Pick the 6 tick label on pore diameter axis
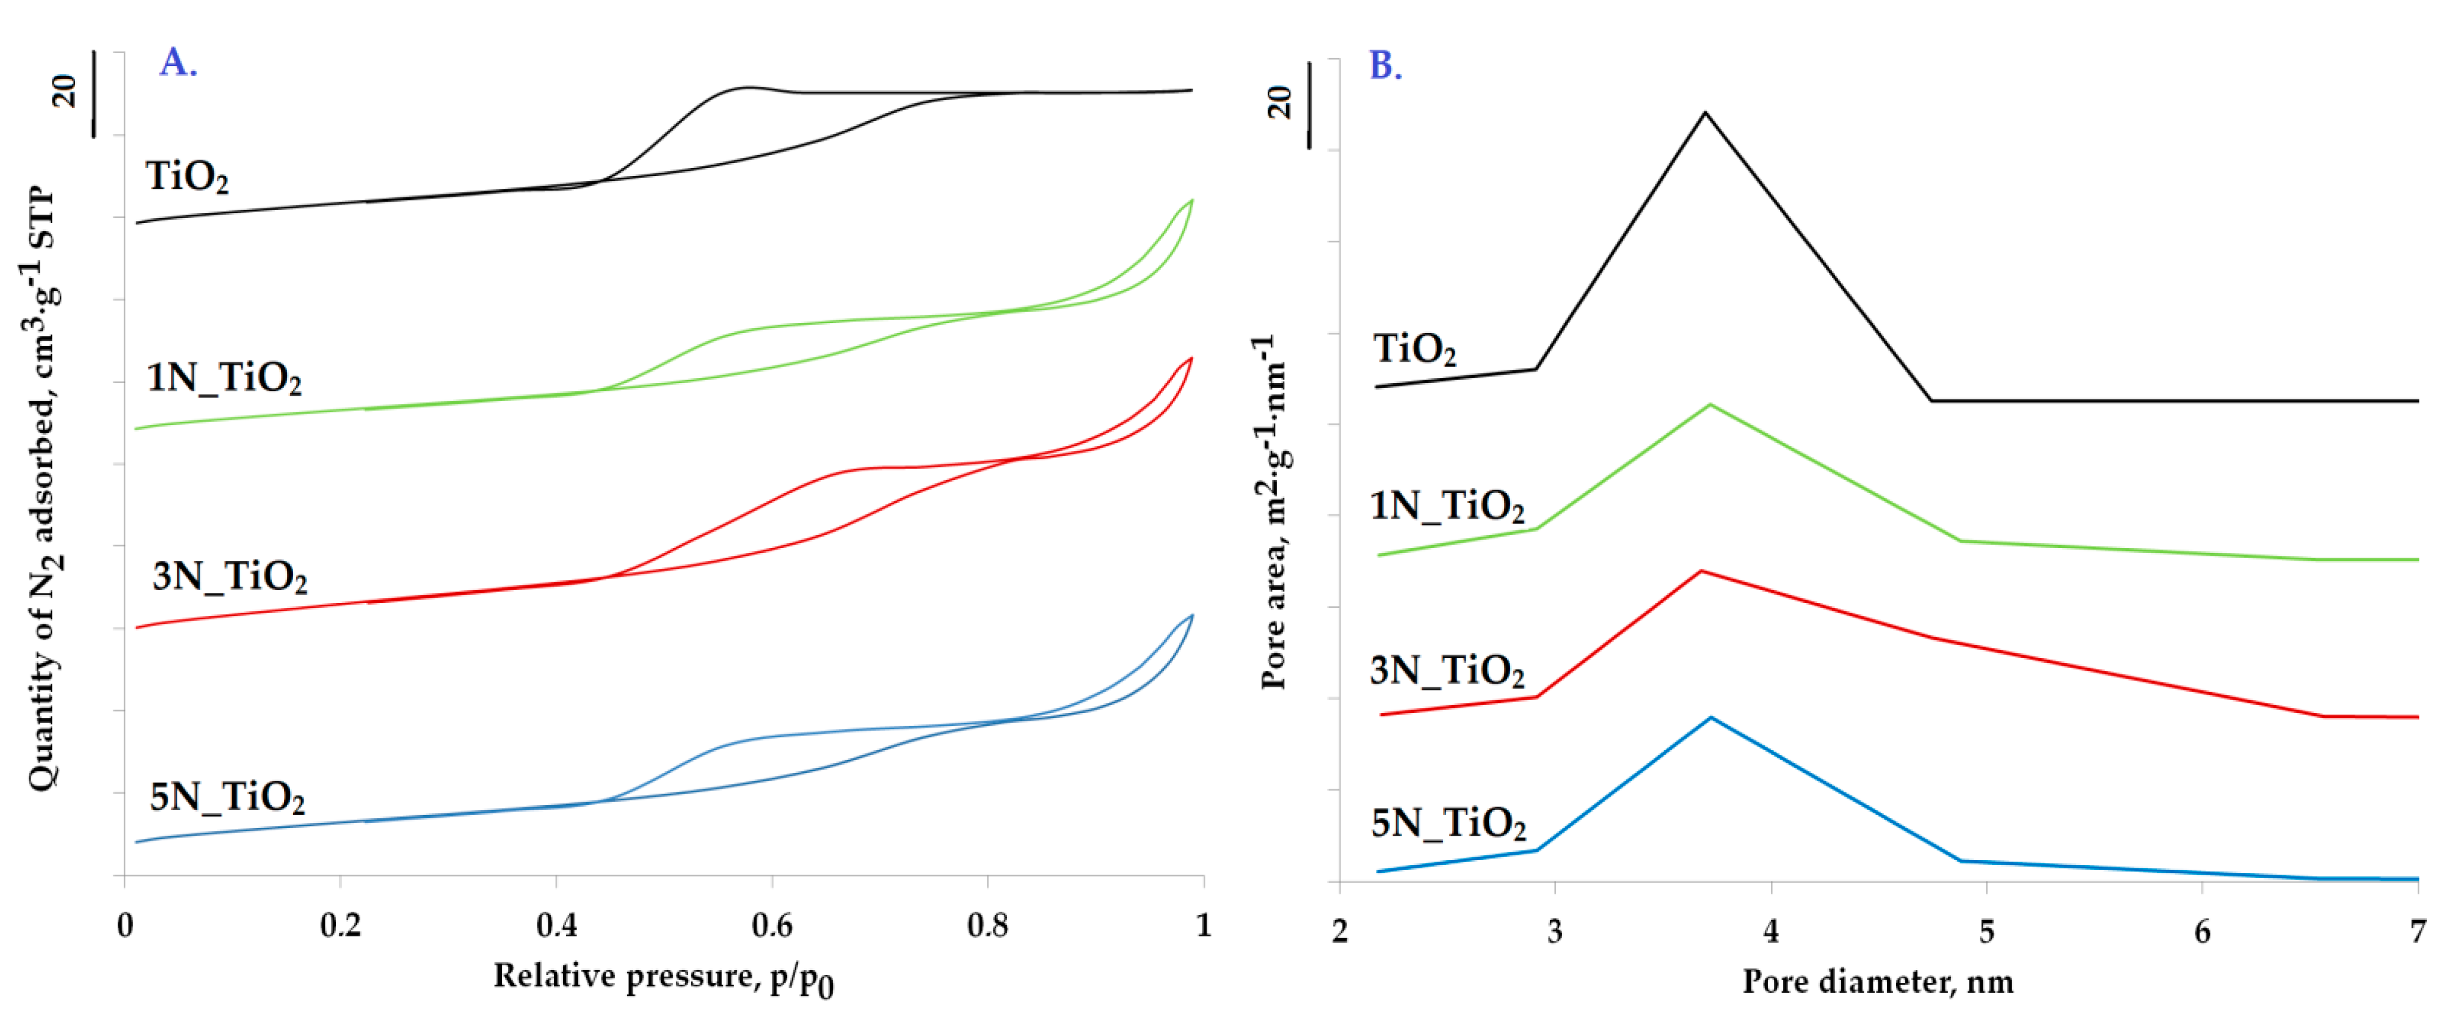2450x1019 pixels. pos(2202,930)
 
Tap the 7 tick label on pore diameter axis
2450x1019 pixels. pos(2416,930)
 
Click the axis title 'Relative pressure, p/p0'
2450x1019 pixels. pos(663,977)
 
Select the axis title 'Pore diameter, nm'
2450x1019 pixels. pos(1877,981)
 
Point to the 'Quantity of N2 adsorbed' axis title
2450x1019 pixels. pos(43,490)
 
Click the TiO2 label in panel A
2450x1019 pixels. pos(186,177)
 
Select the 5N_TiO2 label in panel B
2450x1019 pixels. pos(1447,822)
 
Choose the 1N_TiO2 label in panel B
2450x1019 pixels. pos(1447,505)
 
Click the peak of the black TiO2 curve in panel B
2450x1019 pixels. pos(1704,113)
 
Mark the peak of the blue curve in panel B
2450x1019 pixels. pos(1711,717)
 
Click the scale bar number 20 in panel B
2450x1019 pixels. pos(1280,102)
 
